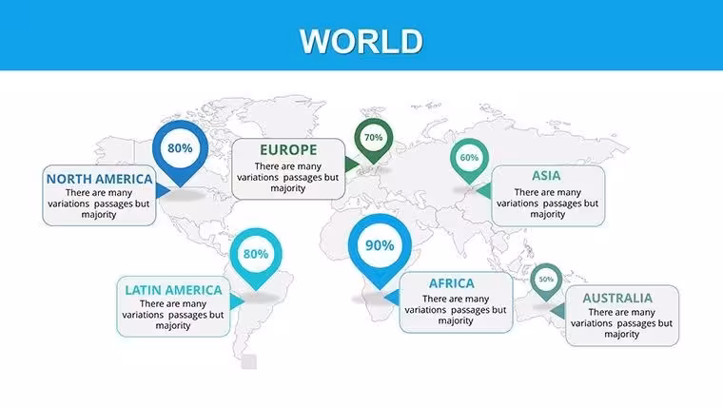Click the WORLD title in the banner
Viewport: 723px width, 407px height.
tap(361, 42)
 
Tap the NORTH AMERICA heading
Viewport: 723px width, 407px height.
tap(99, 179)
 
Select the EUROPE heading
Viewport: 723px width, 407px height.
tap(288, 150)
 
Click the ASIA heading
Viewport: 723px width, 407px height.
tap(546, 176)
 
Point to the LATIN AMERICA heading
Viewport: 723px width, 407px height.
tap(173, 290)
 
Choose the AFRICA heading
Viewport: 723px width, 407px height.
tap(452, 283)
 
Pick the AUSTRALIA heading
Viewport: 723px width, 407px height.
tap(617, 298)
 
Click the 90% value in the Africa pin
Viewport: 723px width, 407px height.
tap(380, 245)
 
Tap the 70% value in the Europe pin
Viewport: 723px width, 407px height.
tap(374, 137)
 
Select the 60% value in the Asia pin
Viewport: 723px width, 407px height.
tap(469, 158)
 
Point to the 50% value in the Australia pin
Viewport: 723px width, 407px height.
tap(546, 280)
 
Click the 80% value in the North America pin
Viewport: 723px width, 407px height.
tap(180, 148)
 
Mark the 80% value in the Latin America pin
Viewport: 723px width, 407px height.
tap(256, 254)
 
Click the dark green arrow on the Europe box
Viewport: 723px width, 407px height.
tap(352, 165)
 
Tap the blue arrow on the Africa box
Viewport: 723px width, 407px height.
tap(392, 298)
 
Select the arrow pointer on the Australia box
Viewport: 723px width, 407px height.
tap(557, 311)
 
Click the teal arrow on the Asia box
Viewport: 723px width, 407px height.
tap(484, 190)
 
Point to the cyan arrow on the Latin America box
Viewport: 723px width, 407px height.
tap(237, 301)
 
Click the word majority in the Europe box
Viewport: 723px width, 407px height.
tap(288, 188)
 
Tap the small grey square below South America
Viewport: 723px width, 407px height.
tap(249, 361)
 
